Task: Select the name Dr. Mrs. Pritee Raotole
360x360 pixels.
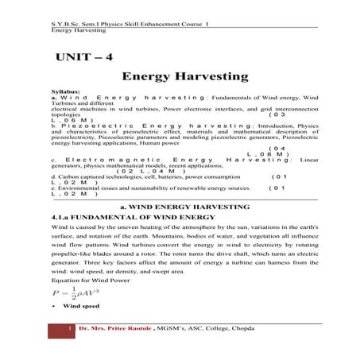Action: pyautogui.click(x=119, y=328)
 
